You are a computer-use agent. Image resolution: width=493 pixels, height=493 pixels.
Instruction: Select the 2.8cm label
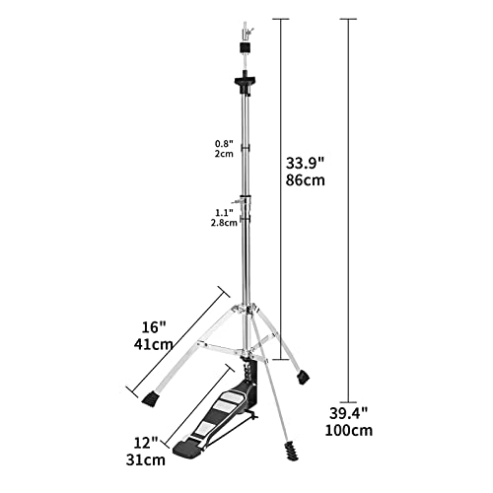[x=224, y=222]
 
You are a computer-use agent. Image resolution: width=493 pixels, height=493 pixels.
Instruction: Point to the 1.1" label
[x=225, y=210]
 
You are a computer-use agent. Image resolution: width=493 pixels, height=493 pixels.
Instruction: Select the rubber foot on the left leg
[x=150, y=399]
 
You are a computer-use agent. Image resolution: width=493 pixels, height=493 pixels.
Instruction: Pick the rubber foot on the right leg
[x=302, y=375]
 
